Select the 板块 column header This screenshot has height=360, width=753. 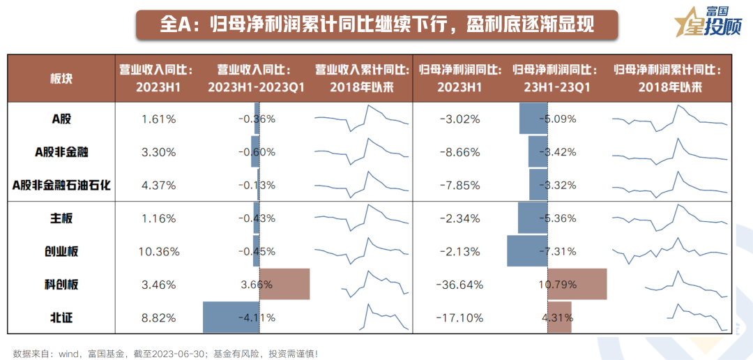point(61,78)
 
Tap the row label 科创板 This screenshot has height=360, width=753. point(61,285)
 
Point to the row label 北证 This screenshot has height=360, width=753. point(61,317)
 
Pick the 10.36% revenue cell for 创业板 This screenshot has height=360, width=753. point(158,251)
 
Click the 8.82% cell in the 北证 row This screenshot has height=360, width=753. point(158,317)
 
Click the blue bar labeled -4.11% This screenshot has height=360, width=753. point(231,317)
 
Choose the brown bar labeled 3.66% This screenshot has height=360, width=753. point(284,285)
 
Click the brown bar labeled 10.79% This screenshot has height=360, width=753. point(577,285)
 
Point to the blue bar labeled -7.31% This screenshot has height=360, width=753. point(527,251)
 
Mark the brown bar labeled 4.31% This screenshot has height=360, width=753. point(560,317)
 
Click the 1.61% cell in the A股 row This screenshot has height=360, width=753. point(158,119)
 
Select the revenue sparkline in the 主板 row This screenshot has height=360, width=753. point(362,218)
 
